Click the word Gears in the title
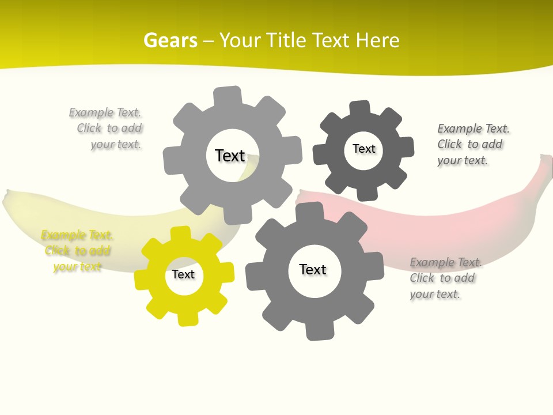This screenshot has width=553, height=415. (171, 40)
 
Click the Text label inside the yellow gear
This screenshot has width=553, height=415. (183, 275)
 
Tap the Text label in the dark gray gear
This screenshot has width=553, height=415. (363, 149)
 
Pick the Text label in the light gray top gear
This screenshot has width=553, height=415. (230, 156)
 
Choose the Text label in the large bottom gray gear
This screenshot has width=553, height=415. (313, 270)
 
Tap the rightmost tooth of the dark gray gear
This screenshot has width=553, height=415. (407, 146)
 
